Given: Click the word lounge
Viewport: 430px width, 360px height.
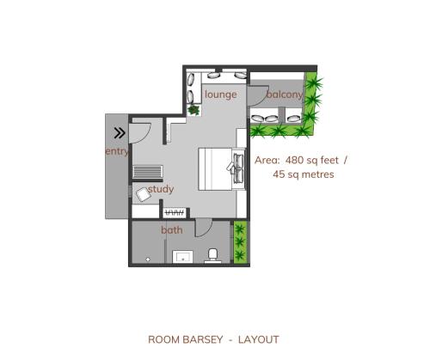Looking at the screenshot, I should pos(221,94).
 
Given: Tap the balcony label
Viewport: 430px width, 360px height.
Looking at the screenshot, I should pos(284,94).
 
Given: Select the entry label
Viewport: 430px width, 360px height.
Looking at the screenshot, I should pos(116,151).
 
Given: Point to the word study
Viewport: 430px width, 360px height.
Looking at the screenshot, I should pos(161,189).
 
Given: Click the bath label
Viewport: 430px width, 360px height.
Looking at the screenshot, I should pos(171,229).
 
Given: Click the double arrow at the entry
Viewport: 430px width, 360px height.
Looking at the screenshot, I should pos(120,133).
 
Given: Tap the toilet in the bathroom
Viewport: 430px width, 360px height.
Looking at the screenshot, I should pos(212,255).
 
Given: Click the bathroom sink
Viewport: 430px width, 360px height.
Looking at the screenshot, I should pos(182,255).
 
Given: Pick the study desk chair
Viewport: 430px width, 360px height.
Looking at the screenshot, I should pos(142,194).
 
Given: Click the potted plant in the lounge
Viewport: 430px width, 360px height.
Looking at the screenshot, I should pos(194,109).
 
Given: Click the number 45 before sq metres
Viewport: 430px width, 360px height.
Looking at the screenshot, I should pos(279,174).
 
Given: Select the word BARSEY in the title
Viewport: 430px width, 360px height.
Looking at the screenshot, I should pos(201,339).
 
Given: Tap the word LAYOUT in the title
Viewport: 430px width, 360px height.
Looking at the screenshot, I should pos(259,339).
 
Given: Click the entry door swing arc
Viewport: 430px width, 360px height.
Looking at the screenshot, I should pos(142,131).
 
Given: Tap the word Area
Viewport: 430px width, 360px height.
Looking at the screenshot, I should pos(267,159).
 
